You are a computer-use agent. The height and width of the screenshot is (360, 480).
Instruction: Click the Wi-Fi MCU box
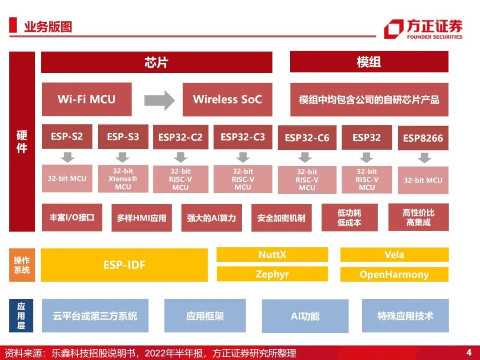(x=87, y=99)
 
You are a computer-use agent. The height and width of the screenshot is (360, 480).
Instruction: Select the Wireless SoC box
(x=227, y=99)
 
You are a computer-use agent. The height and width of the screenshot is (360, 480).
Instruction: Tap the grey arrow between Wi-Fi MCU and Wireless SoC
(x=160, y=100)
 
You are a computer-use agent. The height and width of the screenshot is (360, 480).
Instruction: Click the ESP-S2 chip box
(x=67, y=136)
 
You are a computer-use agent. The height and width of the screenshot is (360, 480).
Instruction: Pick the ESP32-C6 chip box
(x=307, y=138)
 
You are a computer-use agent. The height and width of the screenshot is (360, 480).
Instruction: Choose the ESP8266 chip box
(x=423, y=138)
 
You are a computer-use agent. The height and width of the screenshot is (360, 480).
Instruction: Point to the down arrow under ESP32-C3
(x=243, y=157)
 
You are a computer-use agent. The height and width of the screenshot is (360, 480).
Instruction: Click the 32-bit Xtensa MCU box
(x=123, y=179)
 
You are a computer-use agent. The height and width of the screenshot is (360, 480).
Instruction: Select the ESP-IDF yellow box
(x=124, y=265)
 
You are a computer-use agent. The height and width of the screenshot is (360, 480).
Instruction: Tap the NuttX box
(x=272, y=255)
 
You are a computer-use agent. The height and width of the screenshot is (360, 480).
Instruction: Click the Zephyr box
(x=272, y=274)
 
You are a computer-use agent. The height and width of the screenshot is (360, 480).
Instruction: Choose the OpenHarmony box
(x=394, y=274)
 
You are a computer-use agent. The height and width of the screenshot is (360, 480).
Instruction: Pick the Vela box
(x=394, y=255)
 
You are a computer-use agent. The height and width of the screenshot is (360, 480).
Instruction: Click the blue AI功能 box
(x=305, y=316)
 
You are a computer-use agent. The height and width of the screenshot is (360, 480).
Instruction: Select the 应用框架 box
(x=205, y=316)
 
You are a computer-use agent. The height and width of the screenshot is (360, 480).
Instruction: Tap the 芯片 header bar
(x=156, y=62)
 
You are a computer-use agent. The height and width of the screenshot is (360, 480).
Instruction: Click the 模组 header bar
(x=369, y=62)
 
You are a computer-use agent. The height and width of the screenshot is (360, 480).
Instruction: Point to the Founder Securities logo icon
(x=394, y=29)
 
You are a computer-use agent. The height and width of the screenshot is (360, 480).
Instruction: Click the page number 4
(x=468, y=352)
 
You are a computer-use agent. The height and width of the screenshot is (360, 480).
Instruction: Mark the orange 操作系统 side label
(x=21, y=265)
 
